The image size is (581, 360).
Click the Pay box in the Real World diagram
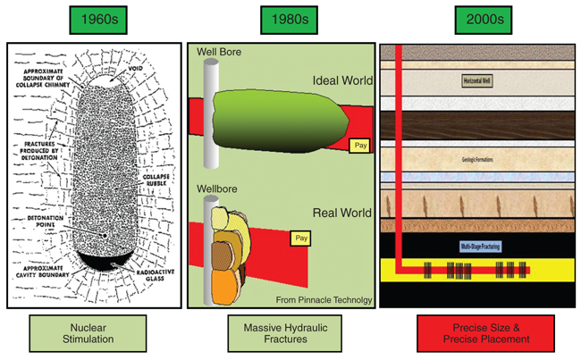(x=301, y=239)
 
